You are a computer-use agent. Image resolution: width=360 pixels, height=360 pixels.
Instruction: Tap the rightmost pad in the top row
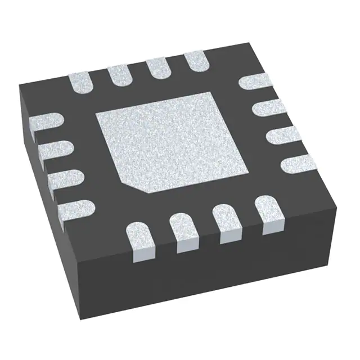point(195,59)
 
